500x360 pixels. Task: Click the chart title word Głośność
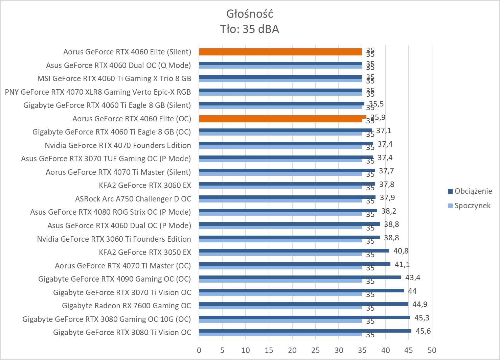(250, 14)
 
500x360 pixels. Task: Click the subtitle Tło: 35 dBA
(250, 29)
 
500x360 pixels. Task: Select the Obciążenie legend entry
(473, 191)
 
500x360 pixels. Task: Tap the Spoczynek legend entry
(472, 206)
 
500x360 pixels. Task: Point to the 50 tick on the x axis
(432, 350)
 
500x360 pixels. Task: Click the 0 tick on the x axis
(199, 350)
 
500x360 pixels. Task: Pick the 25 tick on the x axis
(315, 350)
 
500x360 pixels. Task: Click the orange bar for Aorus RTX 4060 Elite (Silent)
(280, 52)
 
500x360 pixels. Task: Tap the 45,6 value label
(423, 331)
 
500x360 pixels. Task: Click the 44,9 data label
(419, 304)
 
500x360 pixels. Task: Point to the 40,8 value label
(400, 251)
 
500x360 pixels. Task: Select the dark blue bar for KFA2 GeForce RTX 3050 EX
(294, 251)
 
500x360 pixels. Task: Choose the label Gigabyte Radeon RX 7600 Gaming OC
(127, 306)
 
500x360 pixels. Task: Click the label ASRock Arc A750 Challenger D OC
(133, 199)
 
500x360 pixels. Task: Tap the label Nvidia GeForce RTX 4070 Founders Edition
(118, 145)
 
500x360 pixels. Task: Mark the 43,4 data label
(412, 278)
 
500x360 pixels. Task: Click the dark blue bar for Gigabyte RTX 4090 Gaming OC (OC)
(300, 278)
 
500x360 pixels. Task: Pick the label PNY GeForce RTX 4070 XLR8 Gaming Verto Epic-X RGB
(98, 92)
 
